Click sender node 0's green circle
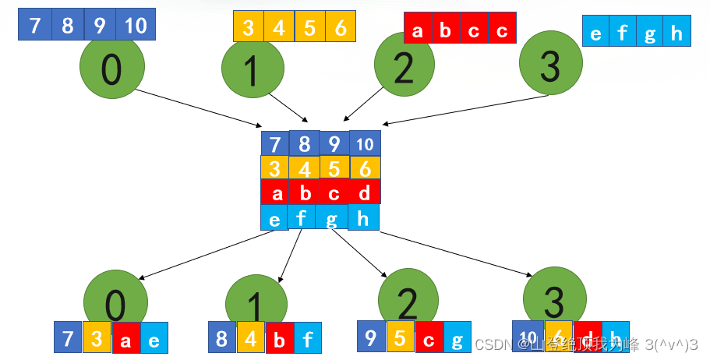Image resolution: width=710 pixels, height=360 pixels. coord(111,69)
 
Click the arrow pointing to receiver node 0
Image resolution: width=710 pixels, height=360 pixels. coord(207,253)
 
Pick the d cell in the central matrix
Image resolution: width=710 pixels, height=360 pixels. coord(364,192)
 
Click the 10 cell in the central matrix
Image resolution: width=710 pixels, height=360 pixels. coord(364,144)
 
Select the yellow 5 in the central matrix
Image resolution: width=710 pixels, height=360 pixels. coord(334,168)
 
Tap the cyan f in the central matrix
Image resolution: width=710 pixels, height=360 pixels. coord(302,217)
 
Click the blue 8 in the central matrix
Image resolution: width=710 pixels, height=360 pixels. coord(304,144)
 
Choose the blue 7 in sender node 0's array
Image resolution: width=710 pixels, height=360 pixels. coord(34,26)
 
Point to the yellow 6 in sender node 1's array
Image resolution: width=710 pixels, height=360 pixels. coord(341,28)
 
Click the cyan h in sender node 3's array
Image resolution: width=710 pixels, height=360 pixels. coord(676,33)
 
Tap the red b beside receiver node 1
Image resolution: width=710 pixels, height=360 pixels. coord(279,339)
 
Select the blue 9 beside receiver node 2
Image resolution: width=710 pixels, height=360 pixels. coord(371,337)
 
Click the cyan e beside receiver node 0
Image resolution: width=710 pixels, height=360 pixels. coord(154,340)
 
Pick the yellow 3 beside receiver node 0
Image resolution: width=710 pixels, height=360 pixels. coord(97,338)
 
